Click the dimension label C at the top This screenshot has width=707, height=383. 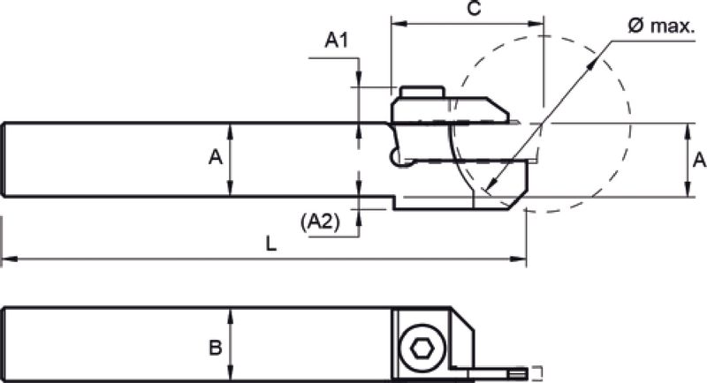pos(475,8)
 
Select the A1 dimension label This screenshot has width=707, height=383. pos(337,41)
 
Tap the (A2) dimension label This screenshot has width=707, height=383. pos(320,221)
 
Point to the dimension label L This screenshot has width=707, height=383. pos(270,244)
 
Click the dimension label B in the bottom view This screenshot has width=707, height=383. pos(216,348)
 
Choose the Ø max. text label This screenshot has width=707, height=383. pos(661,26)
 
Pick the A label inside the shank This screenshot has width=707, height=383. pos(216,157)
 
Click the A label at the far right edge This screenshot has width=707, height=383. pos(699,160)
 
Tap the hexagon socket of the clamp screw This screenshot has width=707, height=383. pos(422,348)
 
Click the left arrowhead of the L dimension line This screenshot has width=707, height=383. pos(9,259)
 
